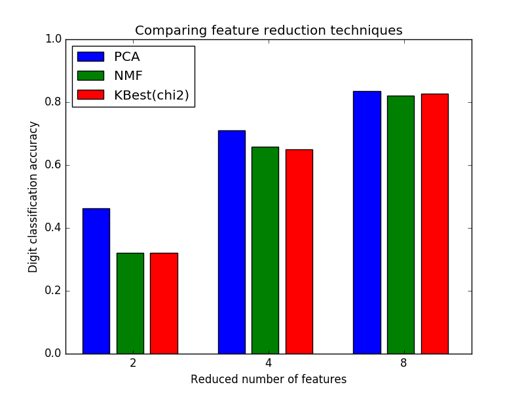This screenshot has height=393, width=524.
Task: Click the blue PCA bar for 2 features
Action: tap(96, 281)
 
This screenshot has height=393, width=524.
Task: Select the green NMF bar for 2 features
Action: tap(130, 303)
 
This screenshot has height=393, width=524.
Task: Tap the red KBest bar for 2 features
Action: tap(164, 303)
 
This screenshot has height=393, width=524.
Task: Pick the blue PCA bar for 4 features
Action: tap(231, 242)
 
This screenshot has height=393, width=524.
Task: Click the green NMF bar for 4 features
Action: tap(265, 250)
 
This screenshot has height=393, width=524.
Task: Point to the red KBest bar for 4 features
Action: tap(299, 252)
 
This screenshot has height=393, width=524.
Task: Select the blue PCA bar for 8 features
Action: tap(367, 222)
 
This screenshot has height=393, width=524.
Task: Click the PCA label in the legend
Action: tap(127, 57)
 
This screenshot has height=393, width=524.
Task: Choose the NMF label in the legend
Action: tap(128, 76)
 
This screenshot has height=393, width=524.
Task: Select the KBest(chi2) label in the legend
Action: tap(151, 95)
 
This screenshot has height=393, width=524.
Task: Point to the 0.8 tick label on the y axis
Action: tap(53, 102)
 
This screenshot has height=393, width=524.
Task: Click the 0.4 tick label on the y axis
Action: tap(53, 228)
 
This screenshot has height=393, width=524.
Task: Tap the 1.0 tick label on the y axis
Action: tap(53, 39)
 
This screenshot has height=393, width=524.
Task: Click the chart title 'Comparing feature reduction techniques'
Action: tap(269, 30)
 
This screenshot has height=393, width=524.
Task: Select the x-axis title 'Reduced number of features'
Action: tap(269, 379)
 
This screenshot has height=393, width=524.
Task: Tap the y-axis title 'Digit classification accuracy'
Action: tap(33, 196)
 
